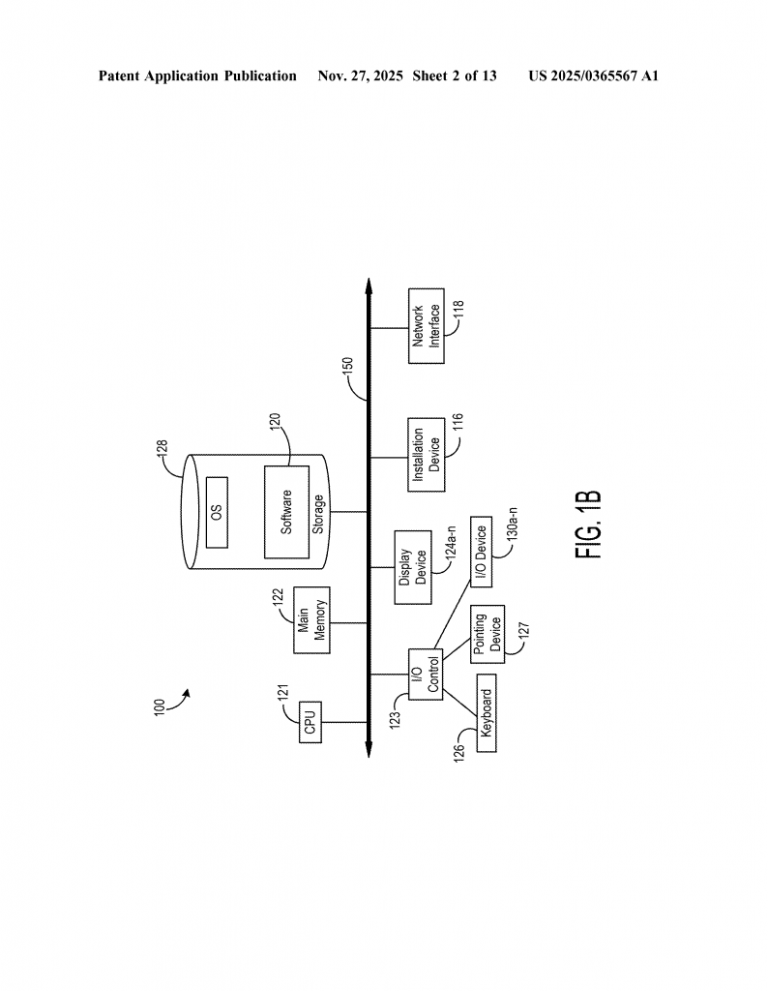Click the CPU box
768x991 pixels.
[x=310, y=722]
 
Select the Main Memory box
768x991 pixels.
[x=312, y=620]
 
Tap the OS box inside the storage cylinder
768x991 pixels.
[x=218, y=512]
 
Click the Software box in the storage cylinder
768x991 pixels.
[x=286, y=512]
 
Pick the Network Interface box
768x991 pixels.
[x=427, y=326]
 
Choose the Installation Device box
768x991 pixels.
[x=427, y=455]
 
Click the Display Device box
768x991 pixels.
[x=413, y=567]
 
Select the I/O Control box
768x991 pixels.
[x=425, y=675]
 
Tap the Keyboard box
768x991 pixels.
[x=487, y=713]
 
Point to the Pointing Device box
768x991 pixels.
[x=487, y=634]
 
